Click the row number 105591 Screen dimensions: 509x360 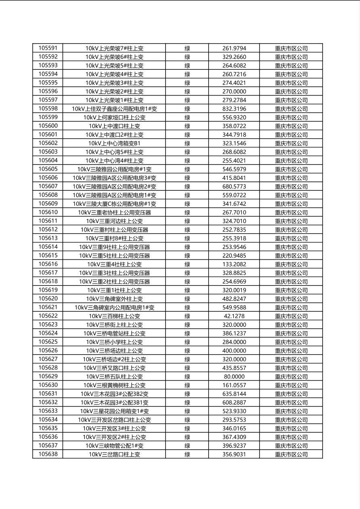(x=48, y=48)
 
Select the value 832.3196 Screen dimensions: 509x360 (x=234, y=108)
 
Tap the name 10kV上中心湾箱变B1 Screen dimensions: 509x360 (x=114, y=143)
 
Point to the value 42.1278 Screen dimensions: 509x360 (x=234, y=316)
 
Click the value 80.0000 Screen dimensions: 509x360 (x=234, y=376)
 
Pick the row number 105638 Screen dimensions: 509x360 (x=48, y=454)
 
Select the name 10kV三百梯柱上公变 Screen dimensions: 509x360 (x=114, y=316)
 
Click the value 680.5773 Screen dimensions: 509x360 (x=234, y=186)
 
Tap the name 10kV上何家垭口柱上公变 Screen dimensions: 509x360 (x=114, y=117)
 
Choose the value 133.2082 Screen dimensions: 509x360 (x=234, y=264)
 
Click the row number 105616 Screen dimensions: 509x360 (x=48, y=264)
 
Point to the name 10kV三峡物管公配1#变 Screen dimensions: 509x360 (x=114, y=446)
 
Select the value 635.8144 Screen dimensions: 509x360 (x=234, y=394)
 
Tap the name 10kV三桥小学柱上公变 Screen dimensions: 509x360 (x=114, y=342)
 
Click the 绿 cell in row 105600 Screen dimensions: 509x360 (x=187, y=126)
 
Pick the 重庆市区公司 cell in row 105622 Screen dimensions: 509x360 (x=291, y=316)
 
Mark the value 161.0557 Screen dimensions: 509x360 (x=234, y=385)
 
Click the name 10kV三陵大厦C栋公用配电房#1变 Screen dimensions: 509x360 (x=114, y=204)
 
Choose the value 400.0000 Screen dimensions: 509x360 (x=234, y=350)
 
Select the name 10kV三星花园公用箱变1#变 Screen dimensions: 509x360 (x=114, y=411)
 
